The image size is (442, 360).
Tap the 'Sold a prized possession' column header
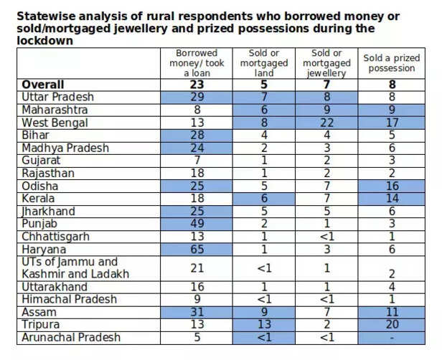[x=390, y=63]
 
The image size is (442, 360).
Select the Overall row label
[x=43, y=85]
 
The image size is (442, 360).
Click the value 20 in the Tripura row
[x=390, y=324]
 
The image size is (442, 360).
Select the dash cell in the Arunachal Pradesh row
[x=390, y=337]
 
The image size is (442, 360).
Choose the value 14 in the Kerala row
[x=390, y=197]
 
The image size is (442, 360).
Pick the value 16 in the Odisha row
[x=390, y=185]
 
